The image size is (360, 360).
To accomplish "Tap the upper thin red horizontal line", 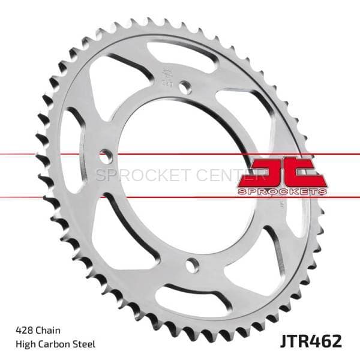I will [60, 154].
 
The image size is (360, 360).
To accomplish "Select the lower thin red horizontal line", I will [60, 196].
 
